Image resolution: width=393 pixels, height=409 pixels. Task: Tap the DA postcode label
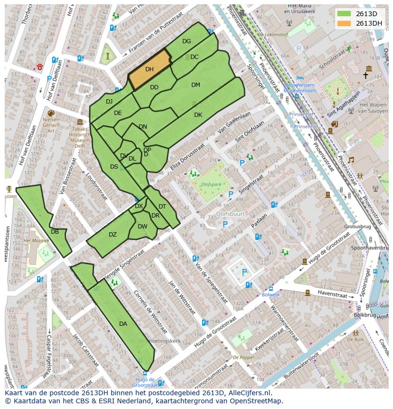(123, 324)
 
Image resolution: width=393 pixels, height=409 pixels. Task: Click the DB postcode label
(55, 232)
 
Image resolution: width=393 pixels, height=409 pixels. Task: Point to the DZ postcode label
(112, 235)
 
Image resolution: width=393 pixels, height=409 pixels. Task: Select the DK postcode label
(198, 115)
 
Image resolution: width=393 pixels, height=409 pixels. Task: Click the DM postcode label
(196, 85)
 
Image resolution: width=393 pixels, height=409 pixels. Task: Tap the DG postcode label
(187, 41)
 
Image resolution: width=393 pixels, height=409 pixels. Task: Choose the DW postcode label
(142, 227)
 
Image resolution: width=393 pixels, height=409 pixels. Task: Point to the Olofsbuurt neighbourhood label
(230, 214)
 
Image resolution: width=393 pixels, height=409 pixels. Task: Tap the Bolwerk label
(271, 295)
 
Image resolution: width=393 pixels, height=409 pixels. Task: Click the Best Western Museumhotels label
(300, 87)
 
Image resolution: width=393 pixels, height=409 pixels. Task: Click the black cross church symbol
(365, 75)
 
